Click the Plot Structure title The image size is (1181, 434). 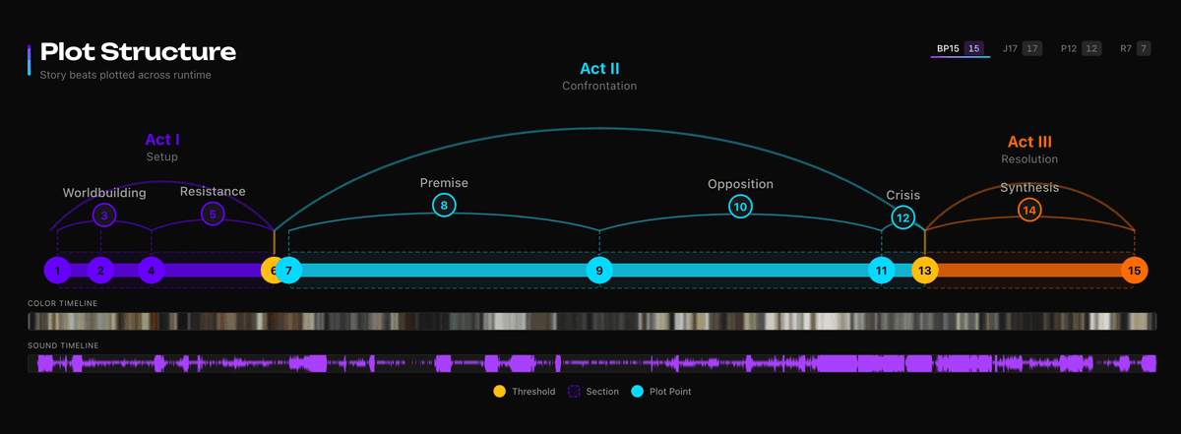point(138,51)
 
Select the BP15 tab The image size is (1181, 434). point(959,48)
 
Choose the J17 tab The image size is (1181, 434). point(1021,48)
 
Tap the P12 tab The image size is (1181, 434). point(1079,48)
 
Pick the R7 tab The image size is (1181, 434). point(1134,48)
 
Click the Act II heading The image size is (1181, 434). point(599,68)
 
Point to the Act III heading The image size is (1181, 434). point(1029,142)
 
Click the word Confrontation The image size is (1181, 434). point(599,86)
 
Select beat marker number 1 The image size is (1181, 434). point(58,270)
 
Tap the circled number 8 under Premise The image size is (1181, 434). point(444,206)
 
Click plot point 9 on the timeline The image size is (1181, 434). point(599,270)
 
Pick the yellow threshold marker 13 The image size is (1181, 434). point(924,270)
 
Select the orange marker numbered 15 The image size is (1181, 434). point(1135,270)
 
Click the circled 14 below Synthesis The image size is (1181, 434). point(1029,210)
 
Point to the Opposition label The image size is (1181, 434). point(740,184)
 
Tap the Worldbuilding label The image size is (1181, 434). point(104,193)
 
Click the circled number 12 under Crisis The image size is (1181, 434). point(902,217)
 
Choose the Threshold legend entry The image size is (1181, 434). point(526,392)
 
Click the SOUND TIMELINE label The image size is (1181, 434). point(64,345)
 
